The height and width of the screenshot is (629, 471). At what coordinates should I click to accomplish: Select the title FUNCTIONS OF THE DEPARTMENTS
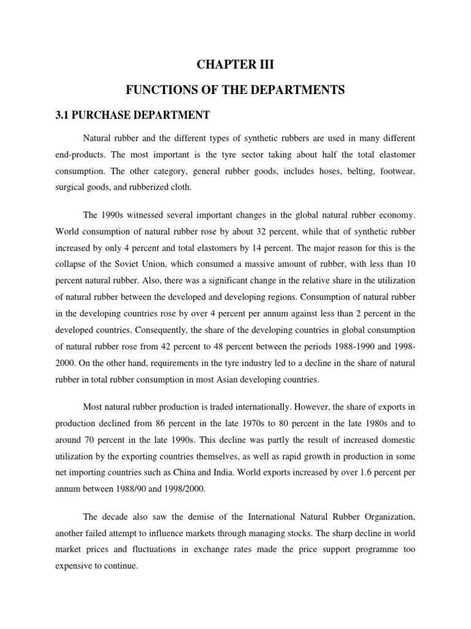pos(235,90)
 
